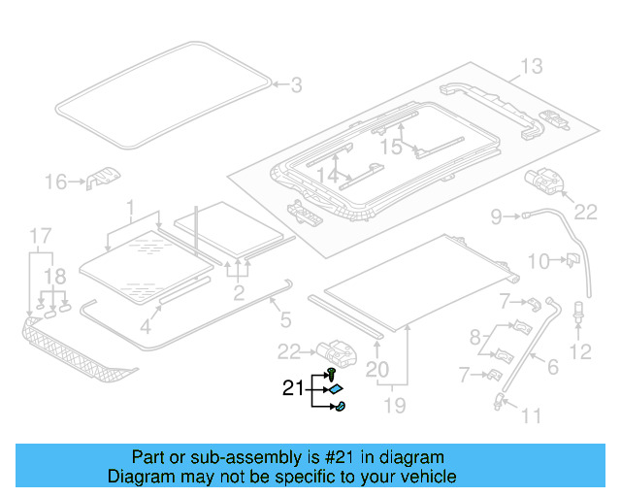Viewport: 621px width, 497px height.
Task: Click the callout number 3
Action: tap(297, 85)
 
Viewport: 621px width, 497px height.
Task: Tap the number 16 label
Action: tap(56, 181)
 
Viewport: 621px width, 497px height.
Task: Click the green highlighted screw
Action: tap(333, 372)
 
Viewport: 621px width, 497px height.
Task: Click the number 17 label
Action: tap(38, 235)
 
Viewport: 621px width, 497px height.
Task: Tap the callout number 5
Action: tap(284, 317)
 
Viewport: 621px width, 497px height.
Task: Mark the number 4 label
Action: tap(144, 327)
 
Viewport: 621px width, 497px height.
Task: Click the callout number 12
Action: tap(580, 350)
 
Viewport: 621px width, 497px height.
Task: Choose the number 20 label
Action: tap(376, 369)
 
